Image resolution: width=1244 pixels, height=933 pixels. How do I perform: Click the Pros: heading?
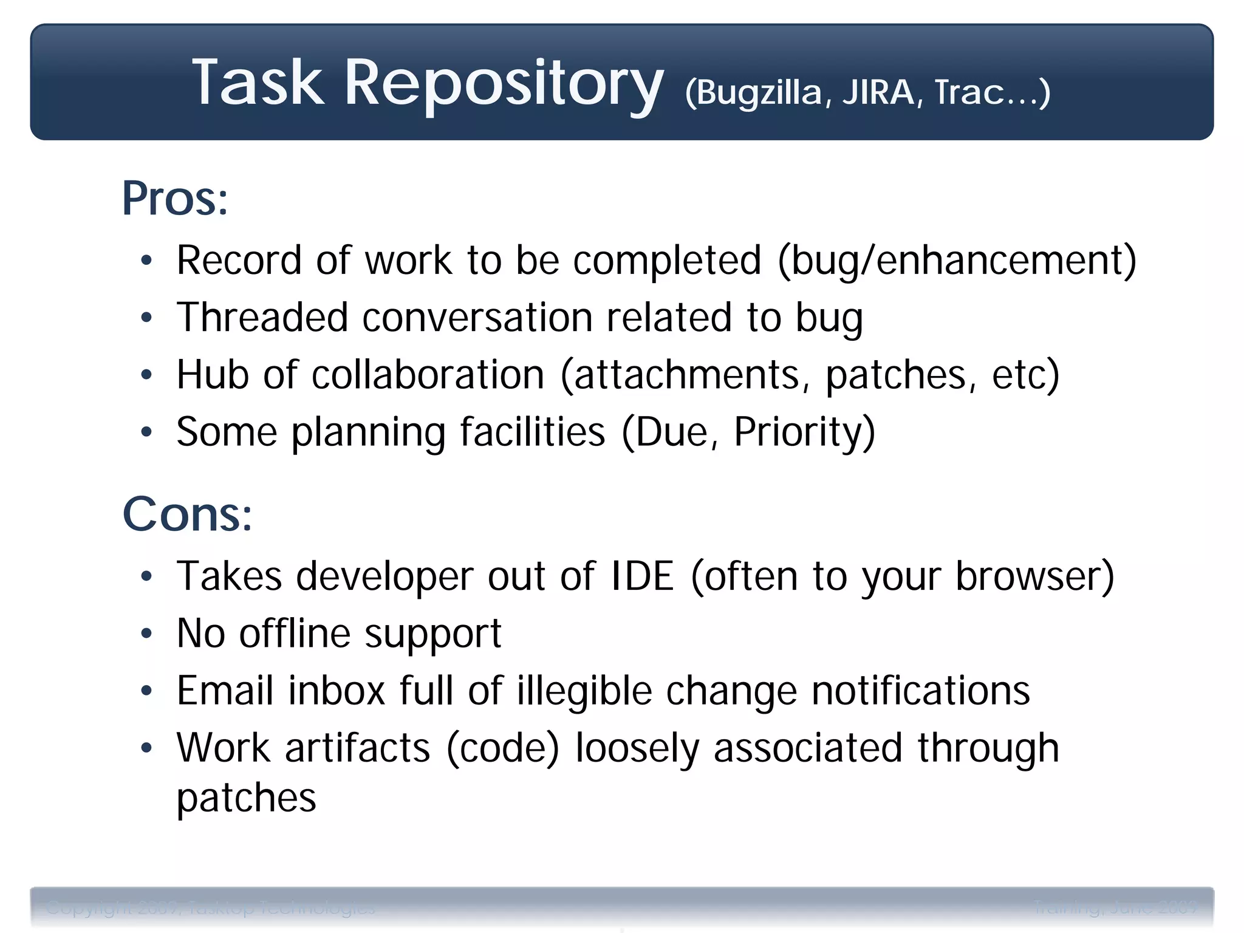tap(175, 199)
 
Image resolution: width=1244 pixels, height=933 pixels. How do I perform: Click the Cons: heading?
tap(187, 514)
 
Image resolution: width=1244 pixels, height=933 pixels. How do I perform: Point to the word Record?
tap(239, 261)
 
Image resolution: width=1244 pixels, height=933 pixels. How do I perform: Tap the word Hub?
tap(213, 374)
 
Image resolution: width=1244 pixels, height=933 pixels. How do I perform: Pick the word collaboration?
tap(428, 374)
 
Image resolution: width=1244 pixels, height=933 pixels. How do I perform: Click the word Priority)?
tap(804, 432)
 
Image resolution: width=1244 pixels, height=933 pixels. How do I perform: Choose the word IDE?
tap(642, 576)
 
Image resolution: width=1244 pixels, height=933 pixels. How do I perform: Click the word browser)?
tap(1034, 576)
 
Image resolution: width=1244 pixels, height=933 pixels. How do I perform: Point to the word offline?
tap(295, 633)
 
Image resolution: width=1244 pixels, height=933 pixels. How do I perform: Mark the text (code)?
tap(502, 748)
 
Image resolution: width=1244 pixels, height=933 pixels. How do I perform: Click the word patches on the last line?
tap(246, 798)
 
